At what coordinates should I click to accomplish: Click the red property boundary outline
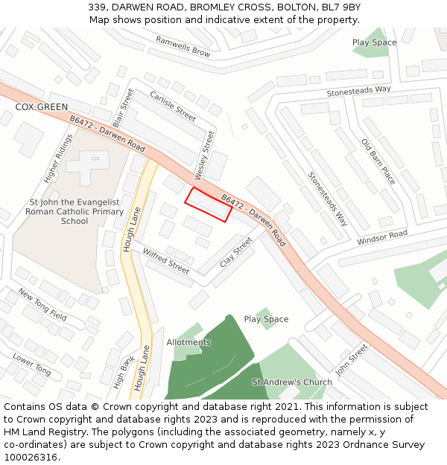pos(208,204)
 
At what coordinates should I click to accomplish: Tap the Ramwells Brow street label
pos(183,46)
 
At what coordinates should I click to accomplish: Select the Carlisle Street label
pos(173,106)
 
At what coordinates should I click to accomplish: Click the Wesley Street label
pos(204,155)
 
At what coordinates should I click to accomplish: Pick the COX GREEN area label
pos(42,107)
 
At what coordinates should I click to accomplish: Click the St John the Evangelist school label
pos(74,211)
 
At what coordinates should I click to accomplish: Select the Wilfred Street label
pos(166,260)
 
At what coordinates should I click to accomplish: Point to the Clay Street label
pos(236,252)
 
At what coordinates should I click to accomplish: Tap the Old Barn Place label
pos(378,161)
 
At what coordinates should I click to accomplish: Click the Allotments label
pos(188,342)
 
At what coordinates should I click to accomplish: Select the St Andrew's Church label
pos(292,382)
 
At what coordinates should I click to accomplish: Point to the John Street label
pos(352,359)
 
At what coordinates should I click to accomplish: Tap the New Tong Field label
pos(42,304)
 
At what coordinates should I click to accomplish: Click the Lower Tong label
pos(32,364)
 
